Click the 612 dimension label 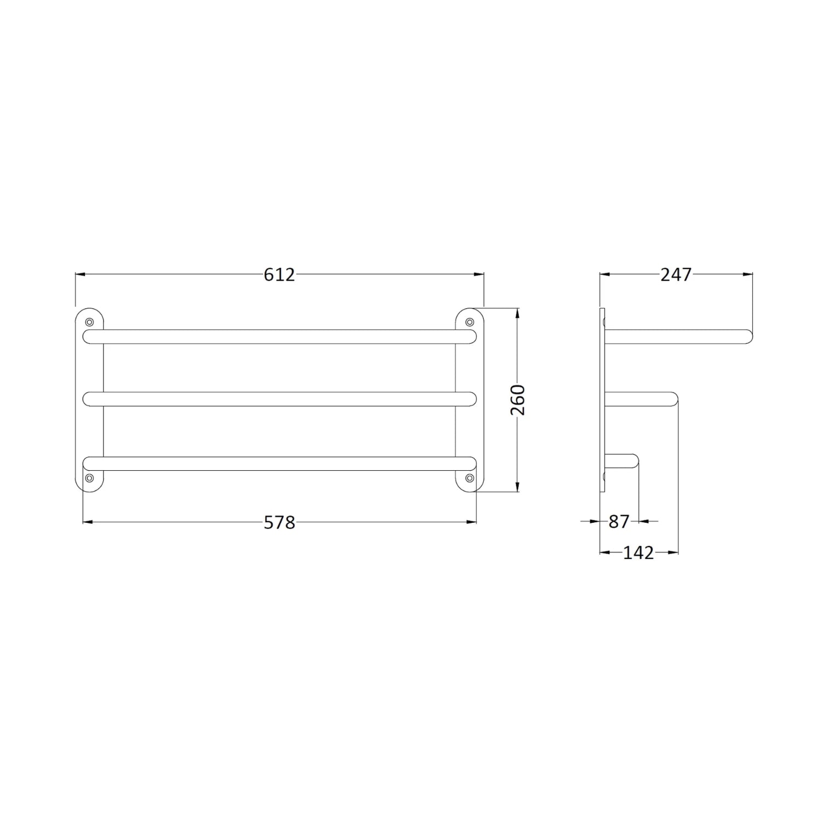point(279,275)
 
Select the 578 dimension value point(279,523)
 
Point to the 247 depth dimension point(676,275)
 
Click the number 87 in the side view point(619,522)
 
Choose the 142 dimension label point(639,553)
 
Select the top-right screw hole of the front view point(469,322)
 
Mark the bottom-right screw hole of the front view point(469,478)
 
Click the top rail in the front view point(279,336)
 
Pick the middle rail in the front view point(279,399)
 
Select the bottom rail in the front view point(279,464)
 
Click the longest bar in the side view point(680,336)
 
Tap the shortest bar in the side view point(623,461)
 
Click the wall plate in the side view point(603,400)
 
